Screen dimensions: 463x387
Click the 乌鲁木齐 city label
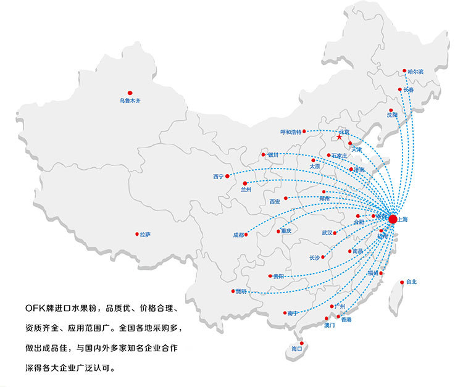pos(130,100)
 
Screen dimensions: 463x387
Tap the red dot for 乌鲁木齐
pos(130,91)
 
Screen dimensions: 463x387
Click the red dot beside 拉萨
pos(137,234)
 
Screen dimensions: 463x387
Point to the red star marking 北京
pos(340,137)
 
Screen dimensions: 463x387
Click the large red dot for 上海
pos(393,217)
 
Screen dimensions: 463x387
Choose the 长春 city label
pos(409,90)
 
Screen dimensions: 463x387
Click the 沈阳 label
pos(393,115)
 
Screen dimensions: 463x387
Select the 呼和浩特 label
pos(291,132)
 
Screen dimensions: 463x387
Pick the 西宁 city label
pos(218,177)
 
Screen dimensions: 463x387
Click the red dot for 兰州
pos(245,183)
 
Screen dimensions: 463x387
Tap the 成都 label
pos(238,235)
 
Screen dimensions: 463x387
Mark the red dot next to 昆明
pos(233,291)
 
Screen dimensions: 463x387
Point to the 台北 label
pos(411,282)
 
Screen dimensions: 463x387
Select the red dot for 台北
pos(403,281)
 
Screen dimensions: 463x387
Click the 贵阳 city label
pos(278,277)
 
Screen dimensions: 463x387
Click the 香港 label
pos(346,320)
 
